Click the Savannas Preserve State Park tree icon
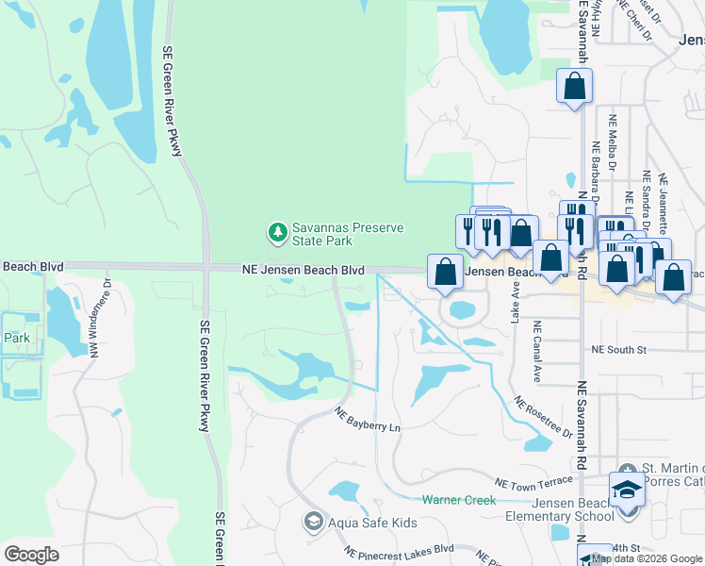point(277,231)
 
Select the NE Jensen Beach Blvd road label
point(301,270)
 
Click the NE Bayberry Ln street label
point(369,420)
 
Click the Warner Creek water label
point(458,499)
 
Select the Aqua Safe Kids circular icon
point(313,521)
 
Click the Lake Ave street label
point(516,307)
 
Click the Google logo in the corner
point(31,555)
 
